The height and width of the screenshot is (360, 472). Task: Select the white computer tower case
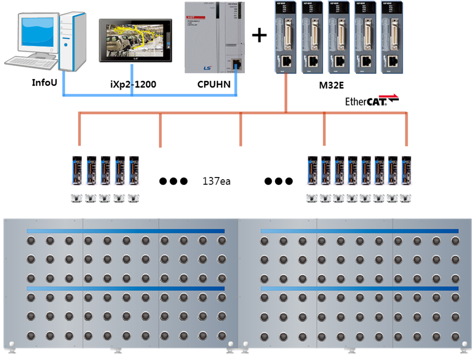pos(73,41)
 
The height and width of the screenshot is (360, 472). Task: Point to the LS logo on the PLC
pos(207,68)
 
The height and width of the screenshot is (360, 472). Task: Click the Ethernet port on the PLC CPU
pos(236,64)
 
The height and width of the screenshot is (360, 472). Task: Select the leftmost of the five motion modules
pos(286,37)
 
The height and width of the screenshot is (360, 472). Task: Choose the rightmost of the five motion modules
pos(393,37)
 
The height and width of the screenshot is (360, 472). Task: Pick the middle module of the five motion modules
pos(339,37)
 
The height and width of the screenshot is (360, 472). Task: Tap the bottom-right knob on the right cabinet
pos(455,335)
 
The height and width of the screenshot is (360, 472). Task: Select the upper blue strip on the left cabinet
pos(125,231)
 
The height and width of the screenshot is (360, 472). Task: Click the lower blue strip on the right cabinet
pos(359,289)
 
